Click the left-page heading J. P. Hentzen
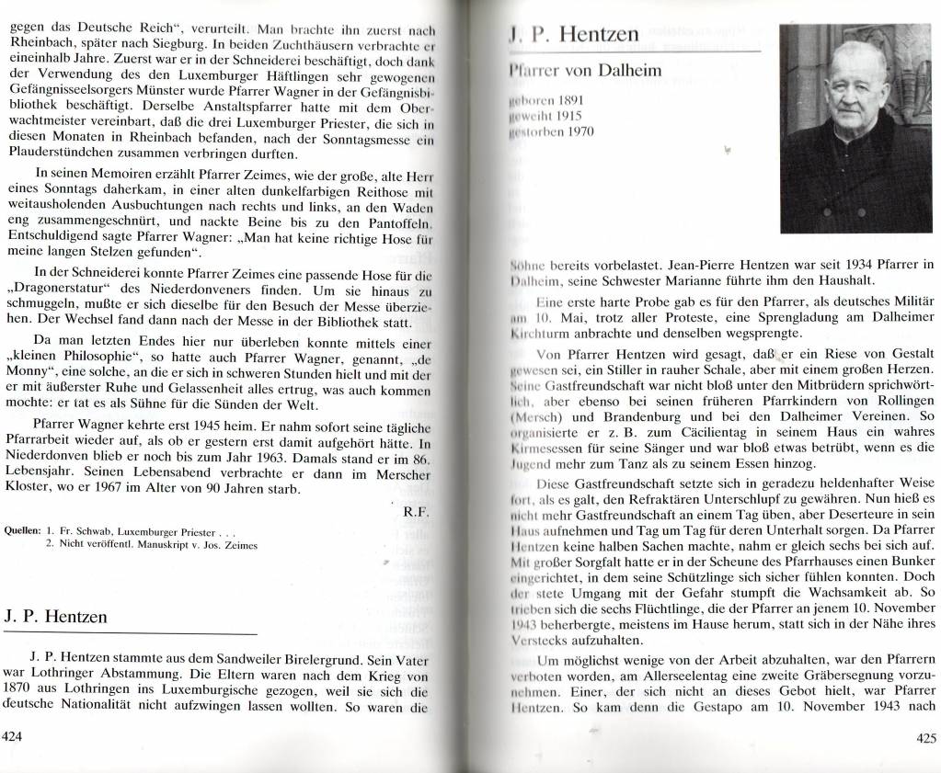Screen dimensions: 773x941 (x=55, y=617)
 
